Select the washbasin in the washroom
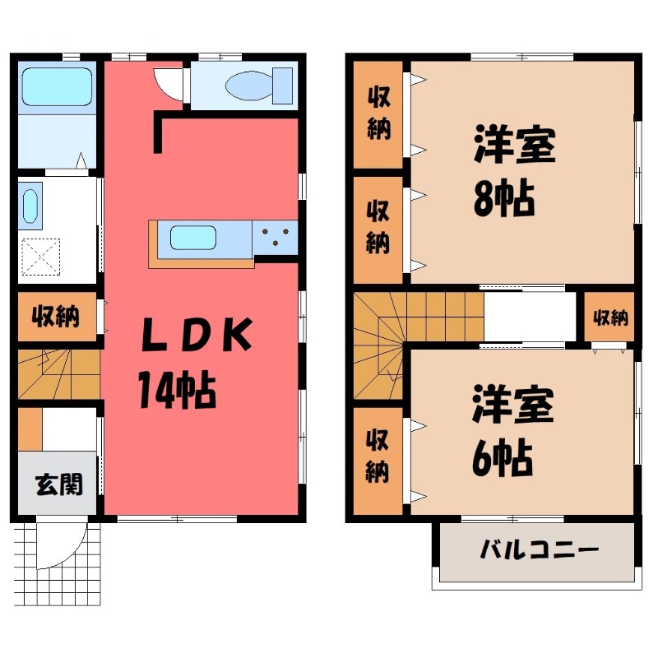tap(30, 206)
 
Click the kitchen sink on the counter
tap(193, 239)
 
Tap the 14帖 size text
tap(176, 389)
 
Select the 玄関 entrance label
tap(58, 485)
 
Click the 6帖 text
tap(503, 458)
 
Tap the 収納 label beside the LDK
tap(56, 317)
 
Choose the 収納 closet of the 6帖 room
tap(378, 456)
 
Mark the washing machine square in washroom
tap(41, 256)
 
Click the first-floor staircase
tap(58, 374)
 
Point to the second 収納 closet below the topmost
tap(378, 226)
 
